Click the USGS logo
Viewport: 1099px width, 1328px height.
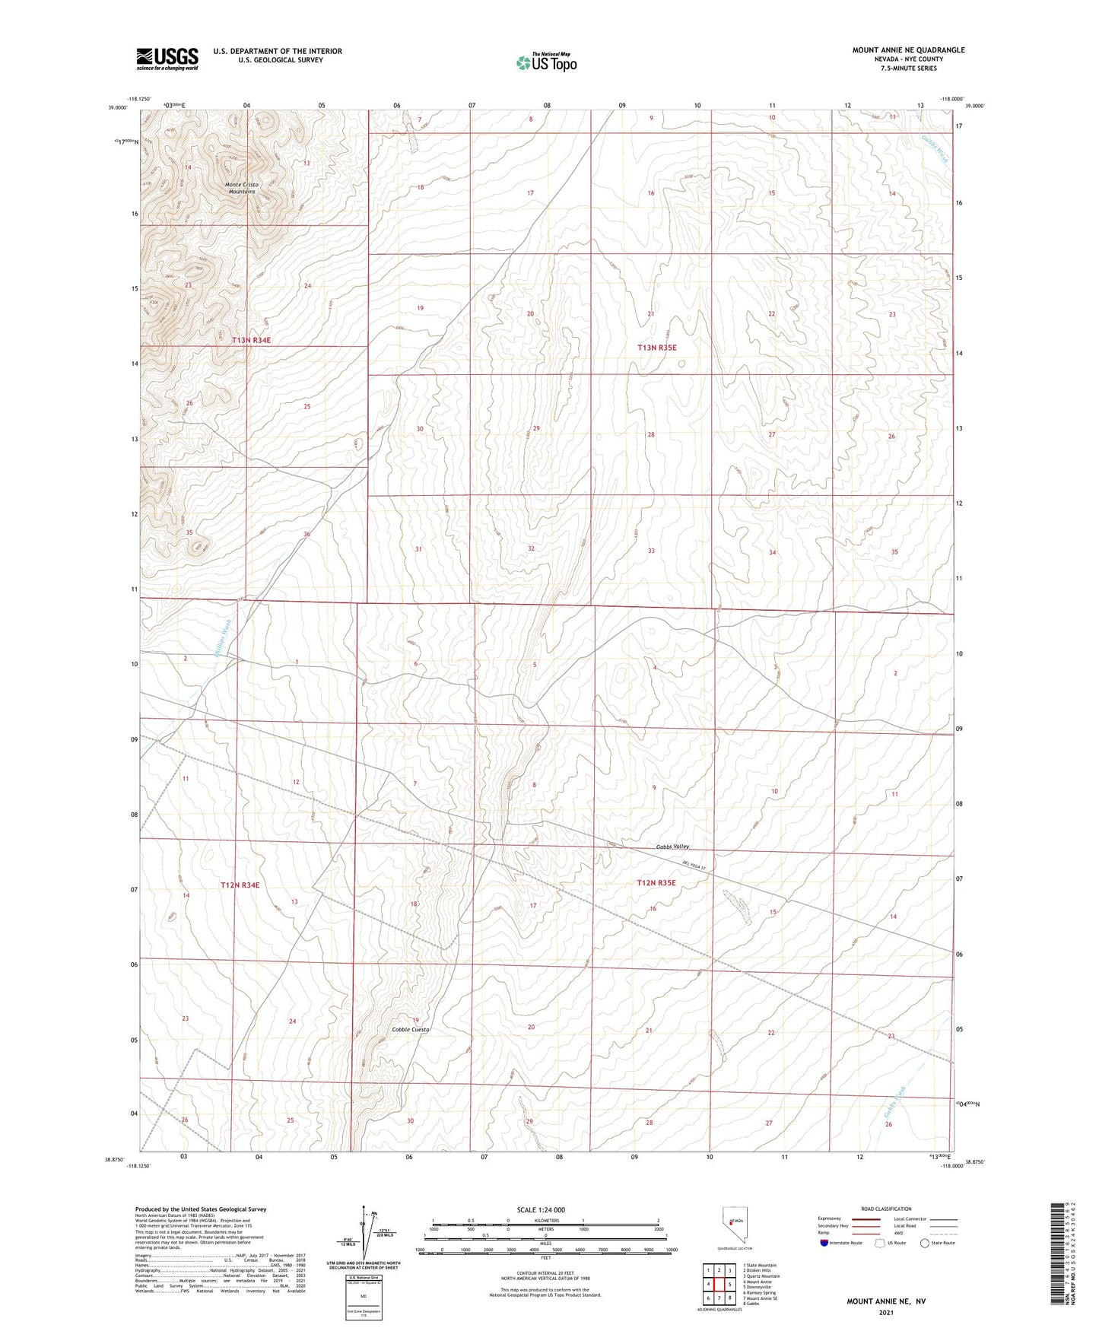click(x=167, y=59)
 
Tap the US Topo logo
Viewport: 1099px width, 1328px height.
click(x=545, y=62)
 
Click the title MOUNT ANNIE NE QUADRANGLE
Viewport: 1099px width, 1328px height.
click(x=908, y=50)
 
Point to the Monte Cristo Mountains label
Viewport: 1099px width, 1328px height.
click(x=243, y=188)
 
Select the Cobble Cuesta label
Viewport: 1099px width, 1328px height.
click(x=411, y=1029)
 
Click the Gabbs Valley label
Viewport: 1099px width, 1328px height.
click(x=672, y=847)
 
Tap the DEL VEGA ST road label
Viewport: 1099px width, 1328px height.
click(x=694, y=866)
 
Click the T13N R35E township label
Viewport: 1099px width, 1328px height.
click(x=656, y=348)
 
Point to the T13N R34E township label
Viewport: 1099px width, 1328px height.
click(x=252, y=340)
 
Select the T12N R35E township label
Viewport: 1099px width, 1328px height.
click(x=656, y=883)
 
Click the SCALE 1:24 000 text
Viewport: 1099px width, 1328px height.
click(x=541, y=1209)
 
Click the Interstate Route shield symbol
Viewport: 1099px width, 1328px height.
click(x=824, y=1244)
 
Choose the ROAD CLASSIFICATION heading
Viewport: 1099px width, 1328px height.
click(x=886, y=1209)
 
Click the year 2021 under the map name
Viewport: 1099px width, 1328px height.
click(x=885, y=1314)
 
